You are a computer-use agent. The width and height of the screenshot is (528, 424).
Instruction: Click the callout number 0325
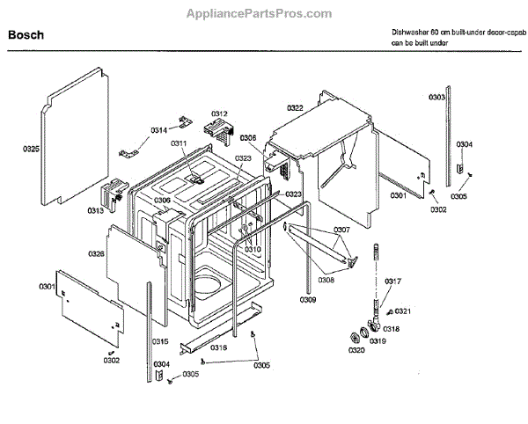31,150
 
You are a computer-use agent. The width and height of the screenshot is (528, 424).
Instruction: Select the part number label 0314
158,129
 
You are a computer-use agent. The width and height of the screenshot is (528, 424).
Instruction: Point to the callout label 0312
219,114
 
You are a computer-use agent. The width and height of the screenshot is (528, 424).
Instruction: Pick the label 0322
295,108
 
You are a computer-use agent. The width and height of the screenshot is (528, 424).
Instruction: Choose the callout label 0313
95,211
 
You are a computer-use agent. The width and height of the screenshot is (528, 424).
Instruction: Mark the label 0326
97,253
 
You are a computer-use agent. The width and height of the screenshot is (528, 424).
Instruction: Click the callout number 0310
253,250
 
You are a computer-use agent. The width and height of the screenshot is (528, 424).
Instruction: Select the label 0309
306,300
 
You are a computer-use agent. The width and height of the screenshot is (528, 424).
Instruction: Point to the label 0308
326,281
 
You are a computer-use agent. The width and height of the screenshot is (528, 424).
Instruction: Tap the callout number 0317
393,281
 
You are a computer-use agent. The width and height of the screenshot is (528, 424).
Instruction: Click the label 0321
403,311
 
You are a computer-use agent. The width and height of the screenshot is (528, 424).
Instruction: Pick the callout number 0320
356,350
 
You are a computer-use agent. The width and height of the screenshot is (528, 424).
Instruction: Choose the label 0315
160,341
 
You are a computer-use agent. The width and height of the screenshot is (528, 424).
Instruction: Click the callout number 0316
218,347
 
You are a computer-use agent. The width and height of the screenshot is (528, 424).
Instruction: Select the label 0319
378,340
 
